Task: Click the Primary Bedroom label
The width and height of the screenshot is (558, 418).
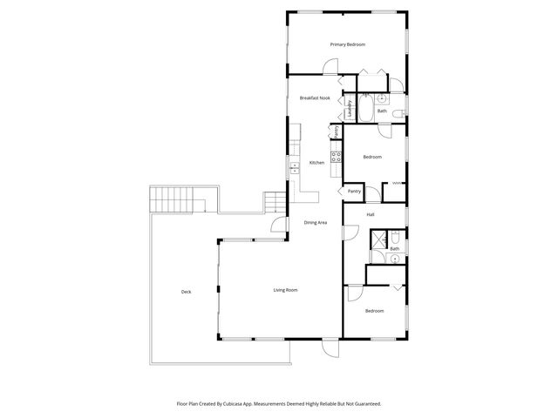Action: [347, 44]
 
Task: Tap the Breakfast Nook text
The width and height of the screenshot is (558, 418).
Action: [315, 98]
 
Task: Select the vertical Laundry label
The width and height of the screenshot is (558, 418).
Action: [350, 109]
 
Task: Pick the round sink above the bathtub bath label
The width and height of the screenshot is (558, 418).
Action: [382, 99]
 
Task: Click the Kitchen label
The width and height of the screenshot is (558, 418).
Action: [317, 163]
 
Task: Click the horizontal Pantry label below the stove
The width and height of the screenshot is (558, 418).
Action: [354, 191]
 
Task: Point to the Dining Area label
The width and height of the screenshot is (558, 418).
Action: [316, 223]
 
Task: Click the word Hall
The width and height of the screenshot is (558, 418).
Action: [371, 214]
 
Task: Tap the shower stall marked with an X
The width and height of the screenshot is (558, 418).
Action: [378, 239]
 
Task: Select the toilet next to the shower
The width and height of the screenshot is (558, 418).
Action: [395, 236]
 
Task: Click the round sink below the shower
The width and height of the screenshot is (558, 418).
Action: [380, 257]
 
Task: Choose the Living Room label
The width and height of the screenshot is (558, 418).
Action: [286, 290]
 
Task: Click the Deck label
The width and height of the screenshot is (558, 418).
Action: [186, 292]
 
